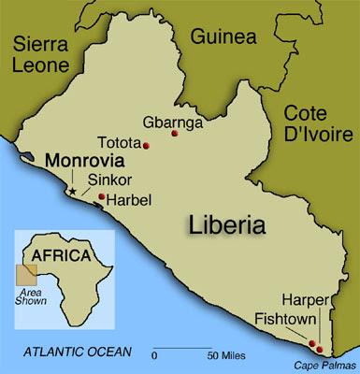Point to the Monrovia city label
pos(77,160)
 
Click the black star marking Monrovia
pos(70,191)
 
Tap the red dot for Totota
pos(147,145)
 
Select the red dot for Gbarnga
pos(174,135)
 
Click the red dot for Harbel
pos(101,196)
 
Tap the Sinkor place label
pos(106,179)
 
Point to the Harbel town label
pos(130,199)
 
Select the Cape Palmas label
pos(321,365)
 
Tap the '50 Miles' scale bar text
pos(226,355)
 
